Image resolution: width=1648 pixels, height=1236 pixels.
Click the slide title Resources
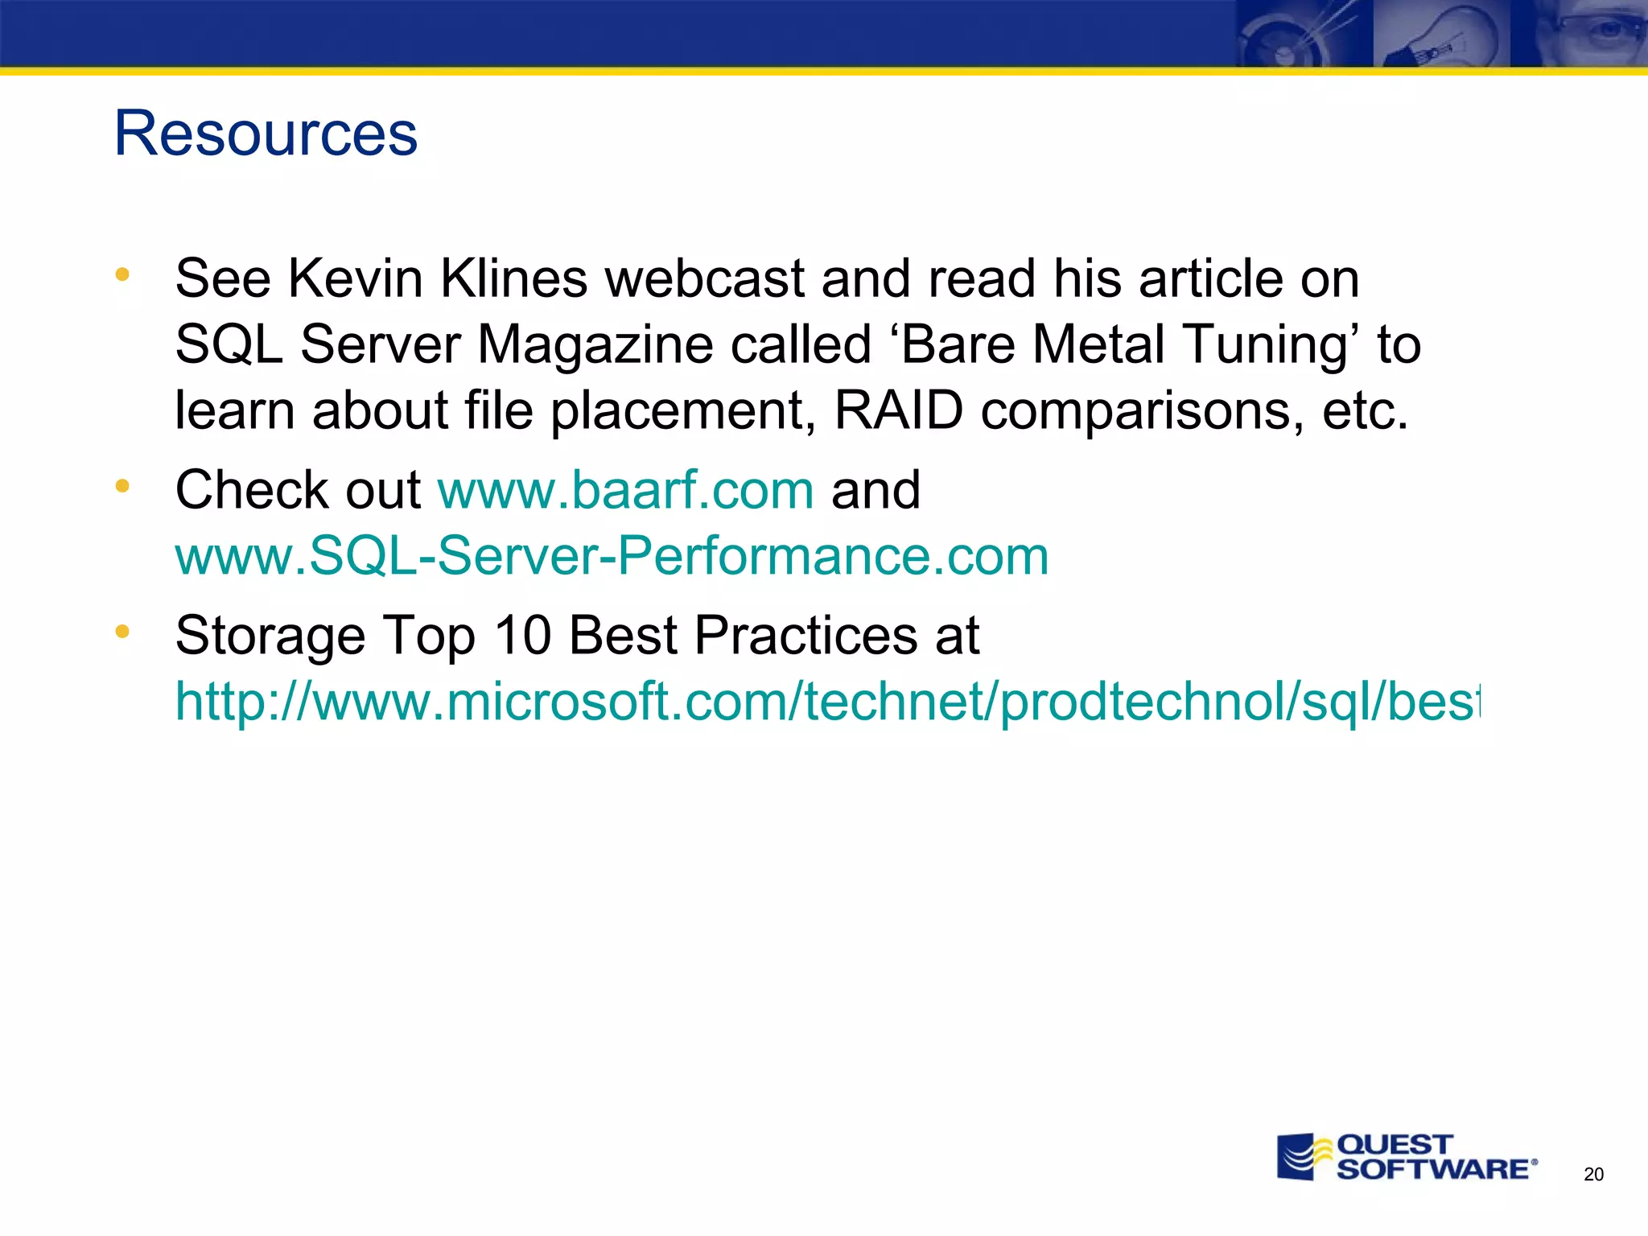pyautogui.click(x=266, y=134)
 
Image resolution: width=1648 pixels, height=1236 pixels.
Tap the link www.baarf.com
pyautogui.click(x=625, y=490)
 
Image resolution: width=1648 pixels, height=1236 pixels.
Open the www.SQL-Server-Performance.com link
pyautogui.click(x=612, y=556)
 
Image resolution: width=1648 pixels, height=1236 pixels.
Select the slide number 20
pyautogui.click(x=1593, y=1174)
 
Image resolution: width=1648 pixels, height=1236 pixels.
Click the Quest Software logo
pyautogui.click(x=1407, y=1157)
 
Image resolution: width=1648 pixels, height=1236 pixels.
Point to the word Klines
pyautogui.click(x=513, y=279)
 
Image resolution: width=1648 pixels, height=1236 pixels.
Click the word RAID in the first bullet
pyautogui.click(x=898, y=410)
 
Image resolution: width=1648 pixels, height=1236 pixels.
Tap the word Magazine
pyautogui.click(x=595, y=345)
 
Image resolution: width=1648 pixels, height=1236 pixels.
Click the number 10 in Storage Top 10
pyautogui.click(x=522, y=636)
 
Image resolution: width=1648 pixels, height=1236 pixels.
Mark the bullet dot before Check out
pyautogui.click(x=122, y=485)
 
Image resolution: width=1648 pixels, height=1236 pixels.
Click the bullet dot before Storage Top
pyautogui.click(x=122, y=631)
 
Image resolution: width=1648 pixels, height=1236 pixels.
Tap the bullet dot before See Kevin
pyautogui.click(x=122, y=274)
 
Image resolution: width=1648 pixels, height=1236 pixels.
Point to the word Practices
pyautogui.click(x=805, y=636)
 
